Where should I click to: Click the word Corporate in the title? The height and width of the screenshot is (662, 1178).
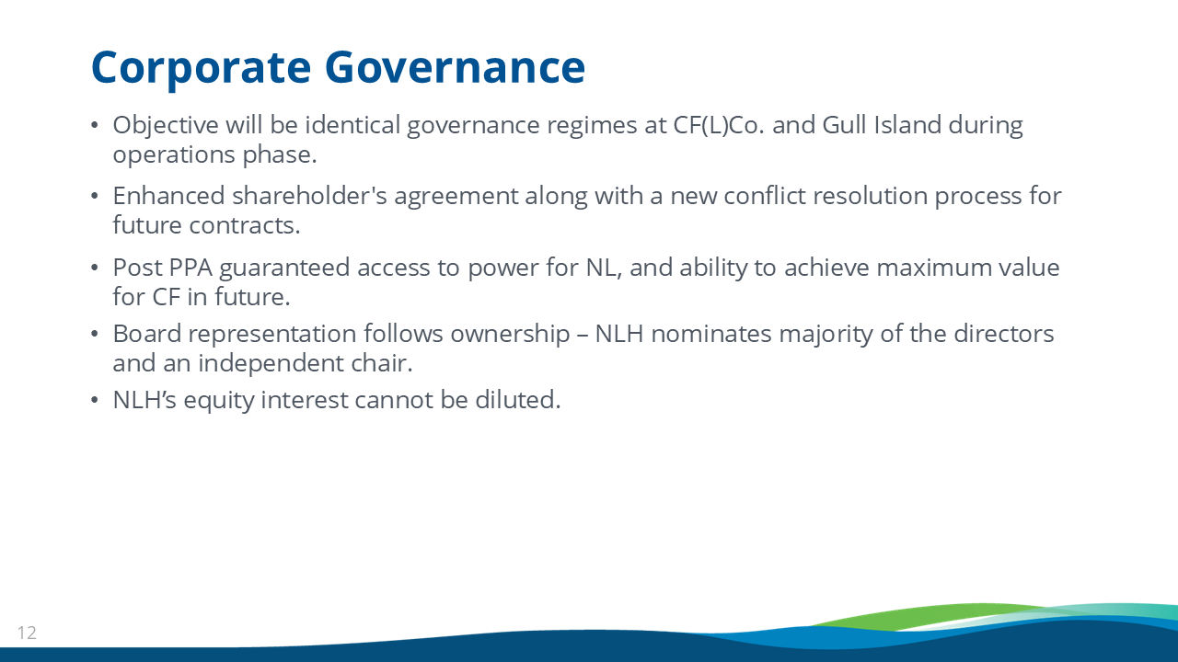[202, 68]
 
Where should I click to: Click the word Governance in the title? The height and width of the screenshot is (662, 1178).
[455, 67]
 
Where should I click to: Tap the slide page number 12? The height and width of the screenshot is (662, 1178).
[27, 633]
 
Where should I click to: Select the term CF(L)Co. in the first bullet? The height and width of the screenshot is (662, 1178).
[719, 125]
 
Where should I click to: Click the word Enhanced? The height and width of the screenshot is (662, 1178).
[168, 196]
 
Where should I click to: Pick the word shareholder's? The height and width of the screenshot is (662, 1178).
[309, 196]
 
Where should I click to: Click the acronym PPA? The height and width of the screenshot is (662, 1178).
[191, 268]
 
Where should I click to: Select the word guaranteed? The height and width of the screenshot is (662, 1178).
[284, 268]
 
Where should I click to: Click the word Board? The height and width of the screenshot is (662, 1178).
[147, 334]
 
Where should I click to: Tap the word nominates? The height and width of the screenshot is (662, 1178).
[711, 334]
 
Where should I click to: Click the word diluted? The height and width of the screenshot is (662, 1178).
[518, 400]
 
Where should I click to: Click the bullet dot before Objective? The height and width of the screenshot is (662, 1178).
[95, 126]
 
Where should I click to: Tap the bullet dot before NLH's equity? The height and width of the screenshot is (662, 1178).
[95, 400]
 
